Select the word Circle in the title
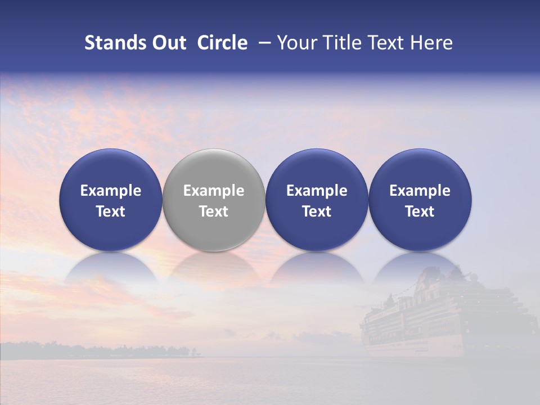click(222, 43)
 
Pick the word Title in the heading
click(342, 43)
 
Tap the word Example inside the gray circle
click(214, 191)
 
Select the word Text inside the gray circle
click(214, 211)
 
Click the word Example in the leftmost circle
click(111, 191)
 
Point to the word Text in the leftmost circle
click(111, 211)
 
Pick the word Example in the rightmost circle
click(420, 191)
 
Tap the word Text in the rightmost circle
click(420, 211)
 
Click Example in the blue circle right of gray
click(317, 191)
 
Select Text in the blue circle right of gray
click(317, 211)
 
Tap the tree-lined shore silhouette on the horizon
click(101, 350)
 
